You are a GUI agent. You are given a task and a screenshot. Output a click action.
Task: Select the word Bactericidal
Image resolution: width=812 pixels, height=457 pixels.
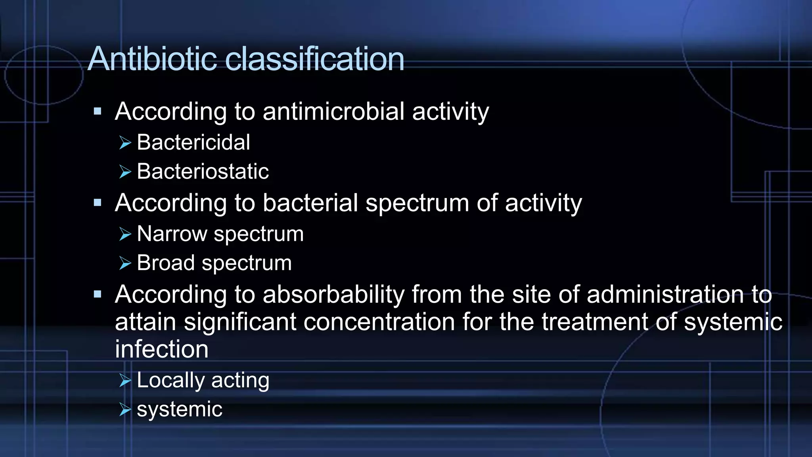193,142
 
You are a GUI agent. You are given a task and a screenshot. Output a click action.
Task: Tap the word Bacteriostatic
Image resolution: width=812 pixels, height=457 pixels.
203,171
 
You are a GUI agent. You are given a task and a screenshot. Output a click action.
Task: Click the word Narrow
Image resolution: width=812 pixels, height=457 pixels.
172,234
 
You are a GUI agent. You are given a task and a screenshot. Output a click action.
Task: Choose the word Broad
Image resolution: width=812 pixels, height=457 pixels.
166,263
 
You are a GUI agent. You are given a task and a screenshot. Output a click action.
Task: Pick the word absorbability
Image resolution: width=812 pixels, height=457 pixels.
333,295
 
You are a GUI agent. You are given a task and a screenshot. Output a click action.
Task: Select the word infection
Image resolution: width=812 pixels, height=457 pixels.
161,349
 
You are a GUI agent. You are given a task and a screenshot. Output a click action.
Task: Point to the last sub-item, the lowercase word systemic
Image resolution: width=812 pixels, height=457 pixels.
179,409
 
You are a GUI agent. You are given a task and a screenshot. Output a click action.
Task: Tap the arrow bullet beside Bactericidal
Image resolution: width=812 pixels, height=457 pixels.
125,143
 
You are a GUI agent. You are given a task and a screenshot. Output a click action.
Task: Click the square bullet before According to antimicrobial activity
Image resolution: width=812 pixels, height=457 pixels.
98,111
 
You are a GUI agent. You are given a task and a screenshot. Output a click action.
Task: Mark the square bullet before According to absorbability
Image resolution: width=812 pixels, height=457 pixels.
98,294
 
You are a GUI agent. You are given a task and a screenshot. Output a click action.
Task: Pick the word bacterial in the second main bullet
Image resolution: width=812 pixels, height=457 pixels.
310,203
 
